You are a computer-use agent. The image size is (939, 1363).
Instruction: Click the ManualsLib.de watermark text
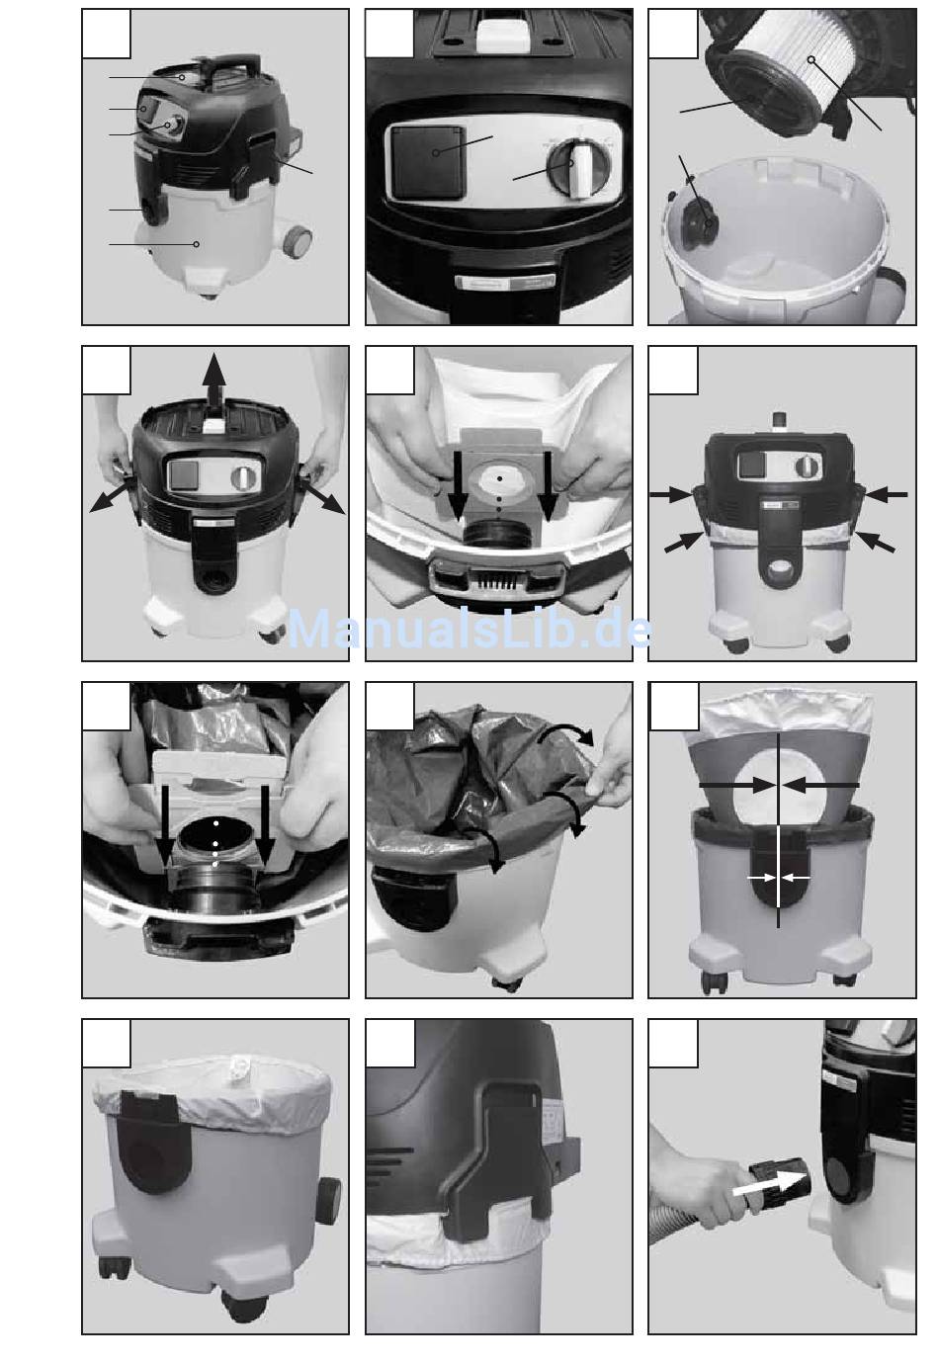469,630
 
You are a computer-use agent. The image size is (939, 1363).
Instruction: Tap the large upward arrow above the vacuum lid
213,382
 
